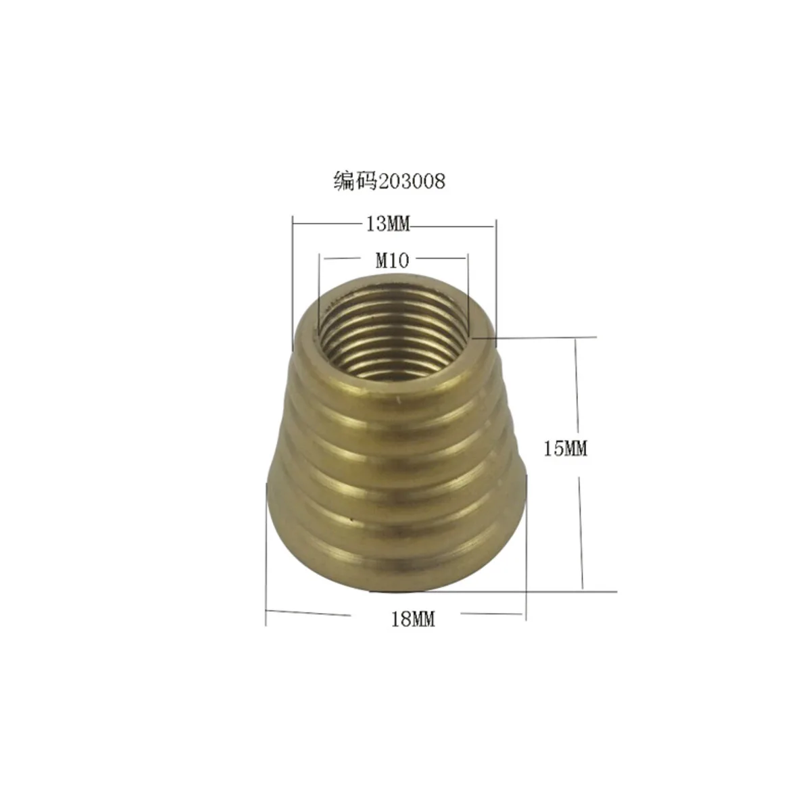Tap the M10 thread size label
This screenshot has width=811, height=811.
click(392, 260)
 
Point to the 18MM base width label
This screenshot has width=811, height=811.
click(413, 618)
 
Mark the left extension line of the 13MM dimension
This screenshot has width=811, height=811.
click(292, 284)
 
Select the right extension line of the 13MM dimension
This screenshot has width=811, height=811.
click(496, 284)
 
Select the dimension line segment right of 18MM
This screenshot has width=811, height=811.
click(492, 614)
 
